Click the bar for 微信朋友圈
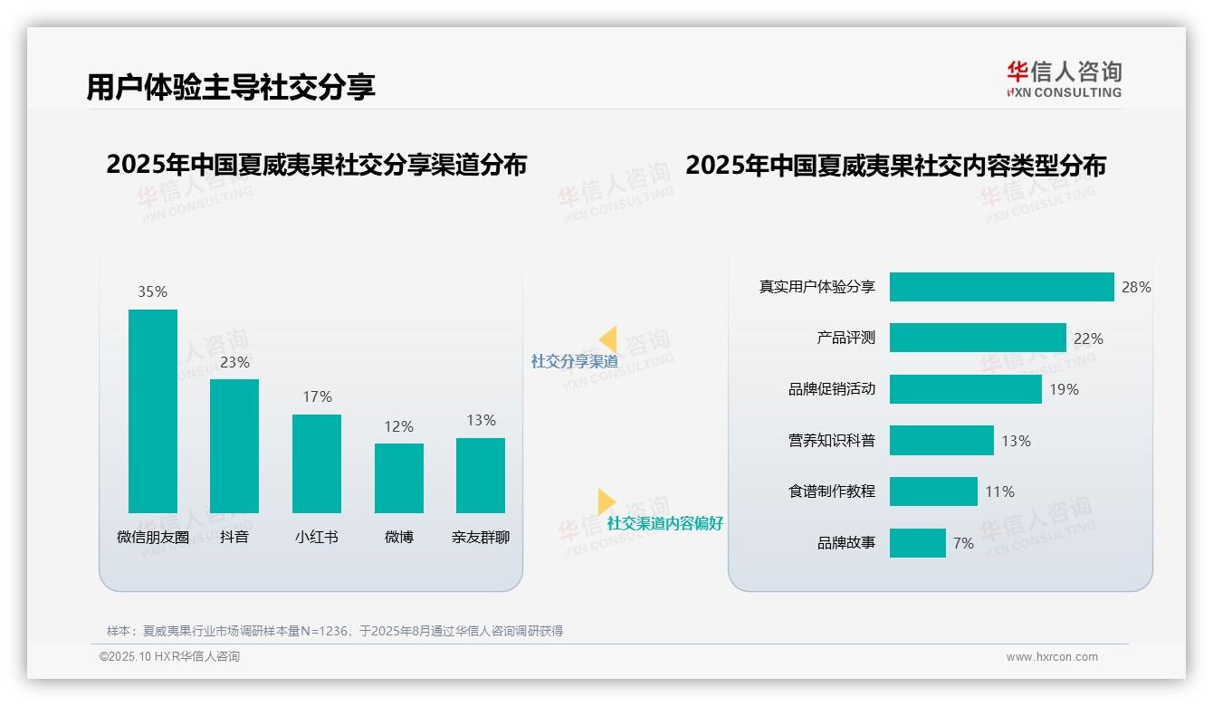pos(153,411)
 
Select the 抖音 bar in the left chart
pos(234,445)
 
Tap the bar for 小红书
pos(317,463)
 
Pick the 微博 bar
pos(399,478)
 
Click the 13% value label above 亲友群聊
pos(481,420)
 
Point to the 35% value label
pos(153,291)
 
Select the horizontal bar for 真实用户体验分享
pos(1001,287)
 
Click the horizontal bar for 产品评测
pos(978,338)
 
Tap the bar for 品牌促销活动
pos(965,389)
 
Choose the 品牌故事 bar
pos(917,543)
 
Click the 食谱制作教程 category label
pos(831,491)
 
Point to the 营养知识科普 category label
pos(831,441)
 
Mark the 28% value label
pos(1136,287)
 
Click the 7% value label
pos(963,543)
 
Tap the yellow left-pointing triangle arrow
pos(607,339)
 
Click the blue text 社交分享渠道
pos(574,361)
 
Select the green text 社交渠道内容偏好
pos(664,523)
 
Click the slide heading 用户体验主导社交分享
pos(231,87)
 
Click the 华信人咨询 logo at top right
pos(1064,79)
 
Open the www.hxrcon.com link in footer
pos(1051,656)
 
